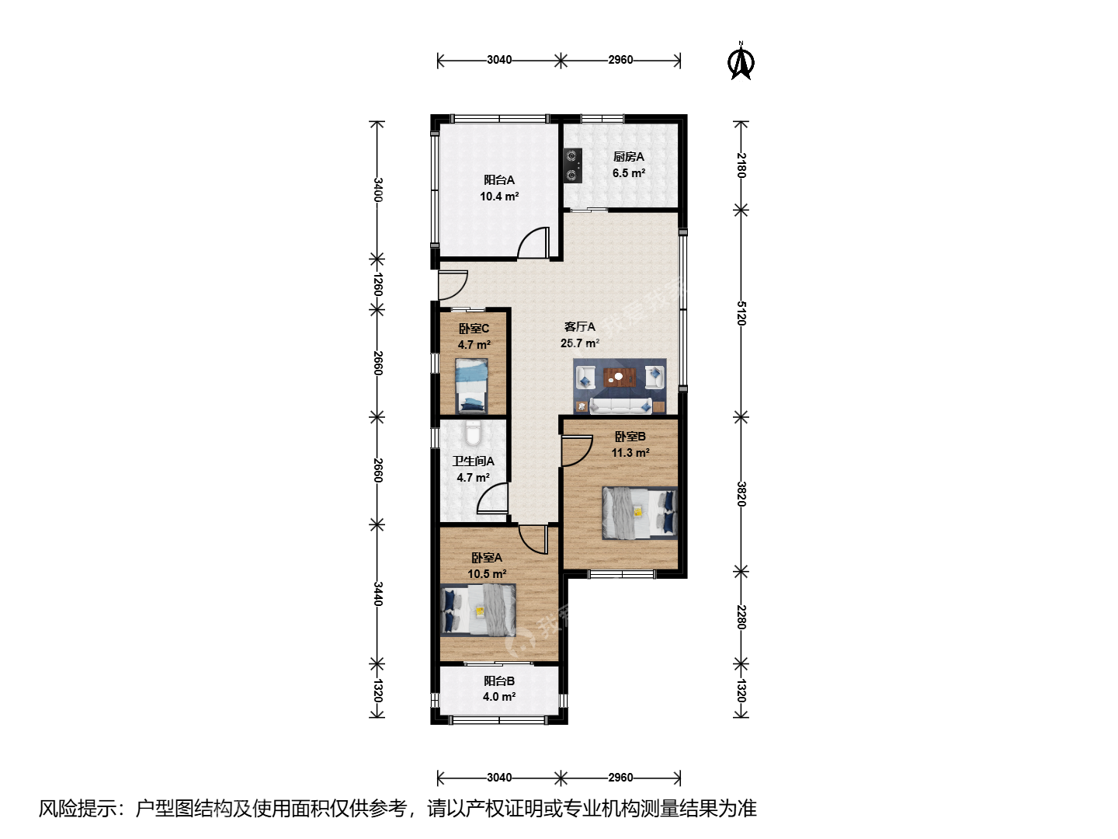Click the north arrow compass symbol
pos(741,61)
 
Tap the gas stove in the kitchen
pos(572,165)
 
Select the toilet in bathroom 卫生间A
pos(473,432)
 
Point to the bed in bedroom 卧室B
pos(640,513)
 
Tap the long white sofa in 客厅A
pos(621,406)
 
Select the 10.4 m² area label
pos(499,196)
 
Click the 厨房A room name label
pos(629,157)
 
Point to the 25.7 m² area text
pos(580,343)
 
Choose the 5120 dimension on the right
pos(741,313)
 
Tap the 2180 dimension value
pos(741,165)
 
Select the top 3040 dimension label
pos(499,60)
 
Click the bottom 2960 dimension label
pos(620,778)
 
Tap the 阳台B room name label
pos(499,681)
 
